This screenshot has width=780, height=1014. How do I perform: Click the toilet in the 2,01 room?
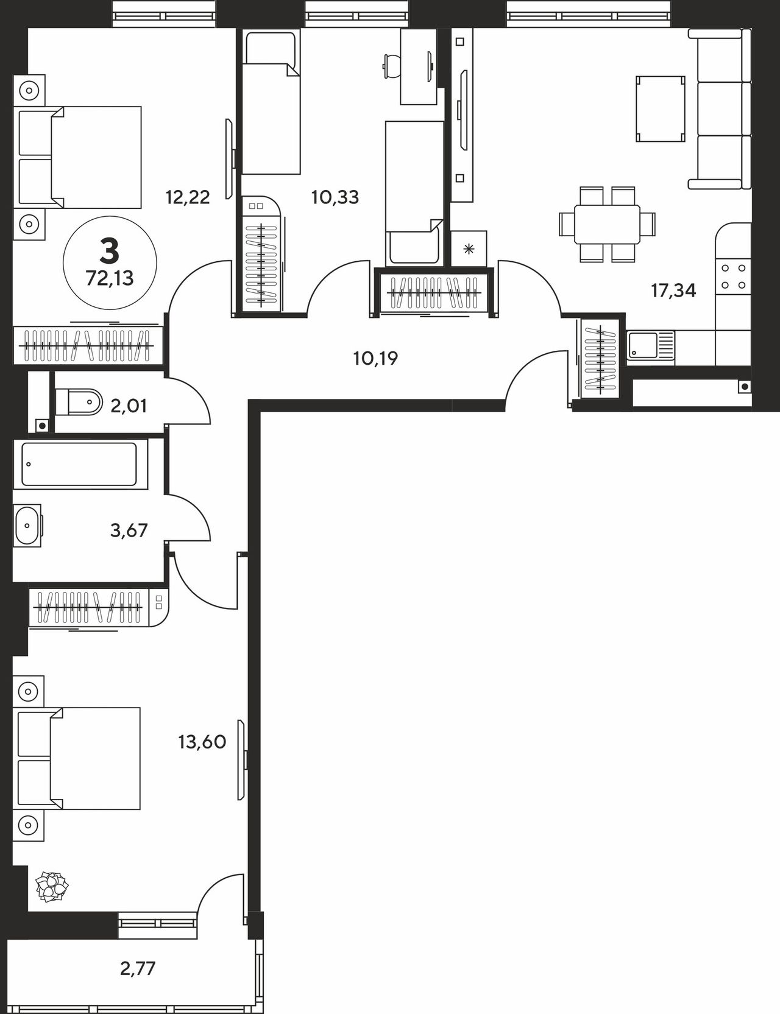click(x=79, y=402)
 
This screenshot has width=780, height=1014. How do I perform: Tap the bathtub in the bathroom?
click(x=79, y=464)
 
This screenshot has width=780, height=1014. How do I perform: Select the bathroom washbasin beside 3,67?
click(x=28, y=525)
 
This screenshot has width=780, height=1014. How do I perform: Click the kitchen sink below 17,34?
click(x=651, y=346)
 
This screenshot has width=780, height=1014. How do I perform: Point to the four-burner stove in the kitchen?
click(x=733, y=276)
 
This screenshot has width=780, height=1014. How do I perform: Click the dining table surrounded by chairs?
click(x=608, y=224)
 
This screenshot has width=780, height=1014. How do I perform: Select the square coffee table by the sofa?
click(x=660, y=109)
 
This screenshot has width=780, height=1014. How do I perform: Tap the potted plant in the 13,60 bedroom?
click(x=52, y=886)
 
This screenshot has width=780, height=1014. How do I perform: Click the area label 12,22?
click(x=188, y=197)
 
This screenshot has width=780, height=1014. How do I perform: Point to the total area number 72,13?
click(x=110, y=278)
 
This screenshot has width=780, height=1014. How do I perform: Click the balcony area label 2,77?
click(x=138, y=968)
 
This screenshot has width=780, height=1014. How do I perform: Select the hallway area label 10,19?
click(x=375, y=358)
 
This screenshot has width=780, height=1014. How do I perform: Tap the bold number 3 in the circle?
click(x=110, y=250)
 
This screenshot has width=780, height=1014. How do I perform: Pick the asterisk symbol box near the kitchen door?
click(x=469, y=248)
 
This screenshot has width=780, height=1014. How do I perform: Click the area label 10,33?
click(x=335, y=197)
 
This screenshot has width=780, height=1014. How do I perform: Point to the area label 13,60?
click(x=202, y=742)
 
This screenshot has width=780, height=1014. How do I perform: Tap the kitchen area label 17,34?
click(x=673, y=290)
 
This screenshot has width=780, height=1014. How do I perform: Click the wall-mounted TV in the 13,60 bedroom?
click(x=243, y=761)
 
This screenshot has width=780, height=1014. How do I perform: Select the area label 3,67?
click(x=129, y=530)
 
